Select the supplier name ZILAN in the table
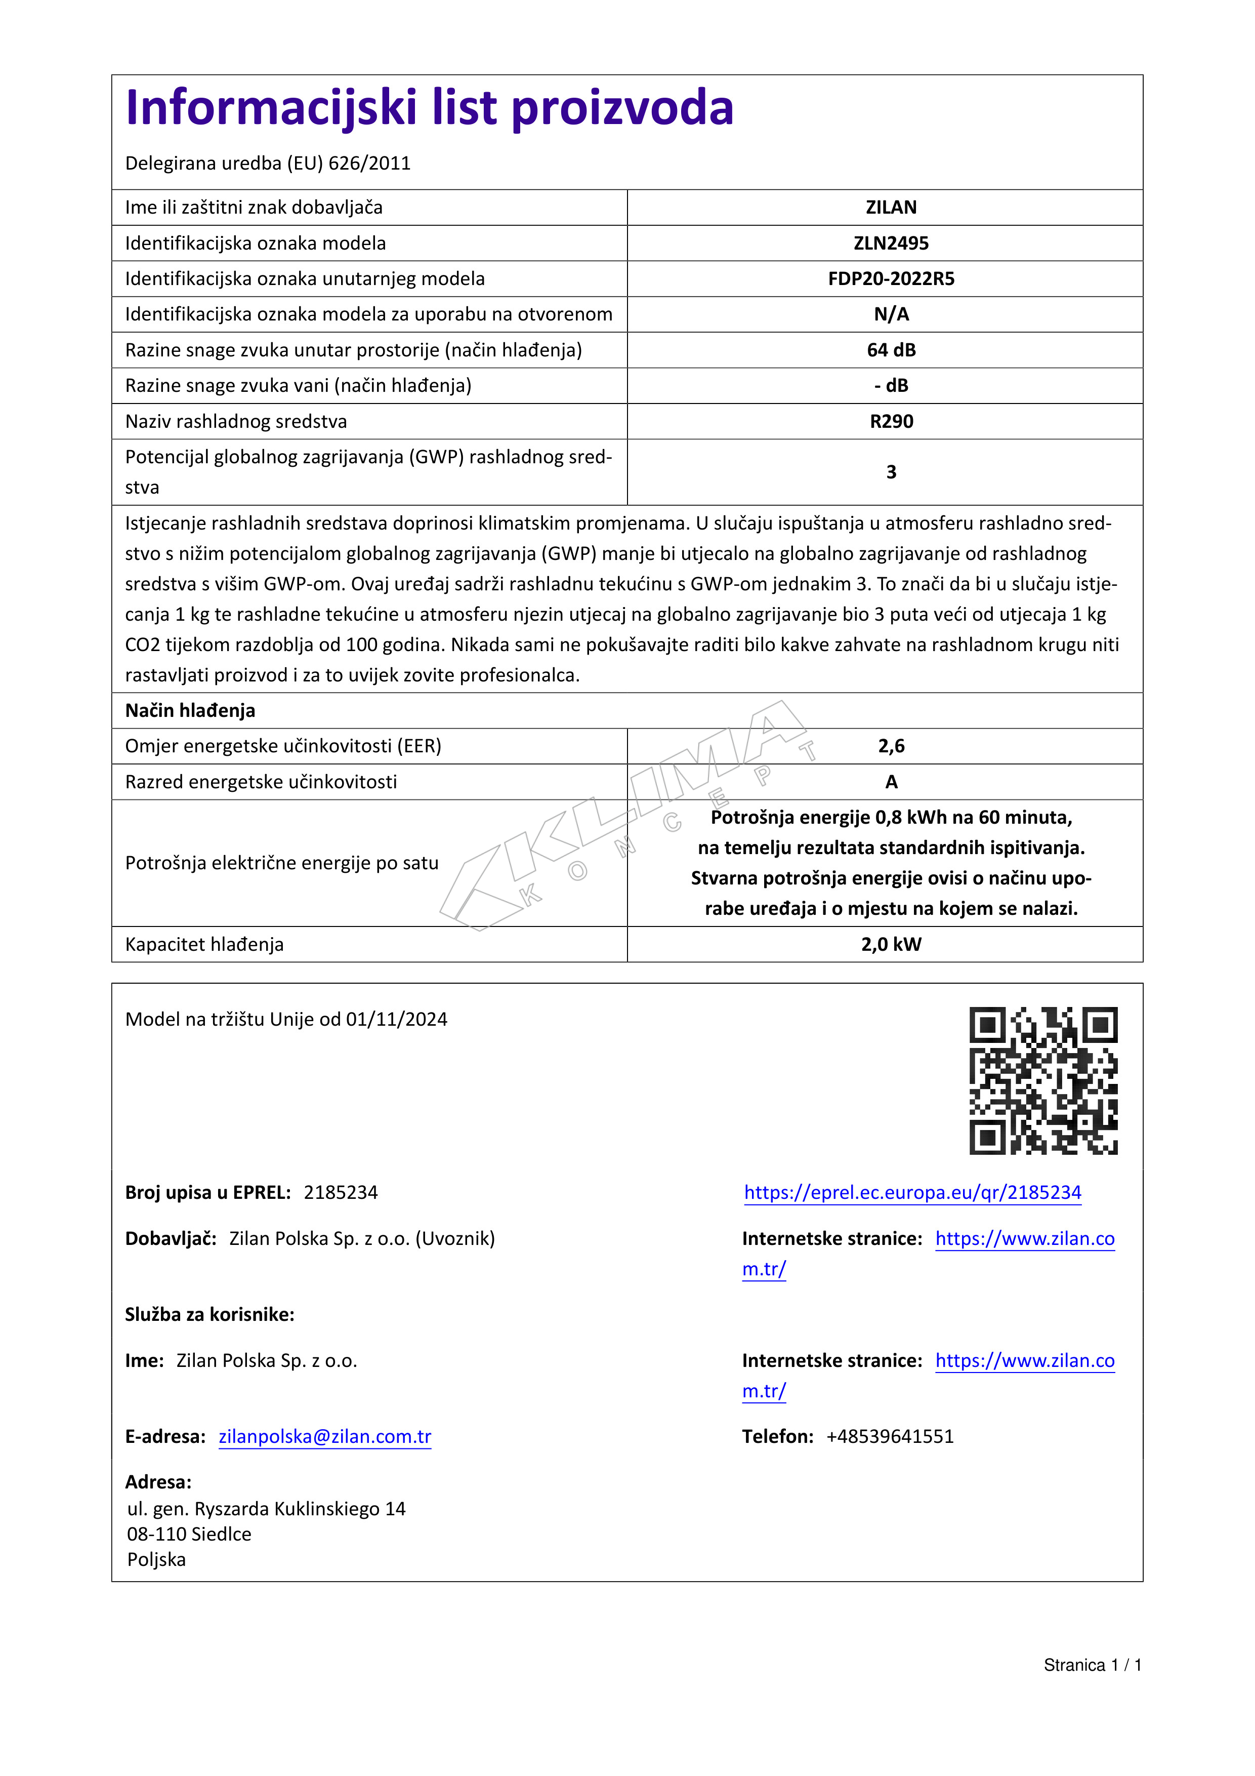[891, 207]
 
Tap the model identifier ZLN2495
[891, 243]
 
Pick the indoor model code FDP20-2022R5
[891, 278]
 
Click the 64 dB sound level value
[891, 350]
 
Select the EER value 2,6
[891, 746]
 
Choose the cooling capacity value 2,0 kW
[891, 944]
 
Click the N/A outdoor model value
[891, 314]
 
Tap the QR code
[1043, 1080]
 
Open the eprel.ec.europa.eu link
[912, 1192]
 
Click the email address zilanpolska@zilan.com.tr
[325, 1436]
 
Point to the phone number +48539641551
[890, 1436]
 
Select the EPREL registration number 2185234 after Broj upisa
[340, 1192]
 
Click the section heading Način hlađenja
[190, 710]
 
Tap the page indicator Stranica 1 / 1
[1092, 1665]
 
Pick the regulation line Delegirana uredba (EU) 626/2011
[268, 163]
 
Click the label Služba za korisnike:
[210, 1314]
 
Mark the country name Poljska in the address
[156, 1559]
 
